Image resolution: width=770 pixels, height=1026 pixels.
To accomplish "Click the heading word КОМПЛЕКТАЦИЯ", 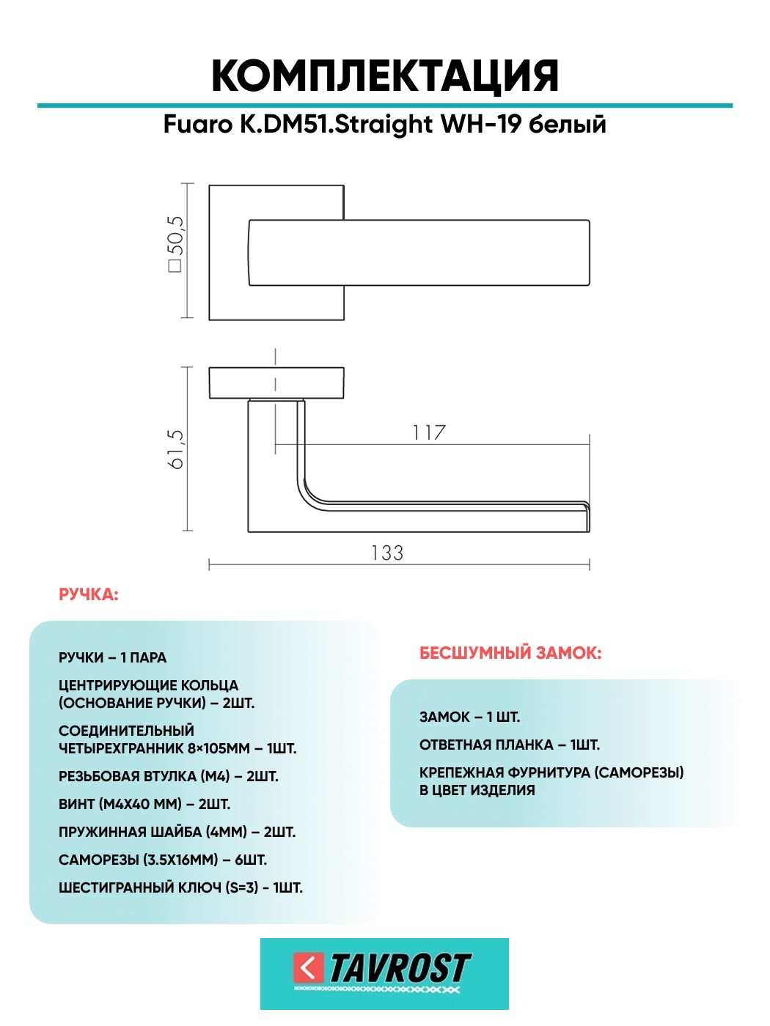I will pyautogui.click(x=384, y=76).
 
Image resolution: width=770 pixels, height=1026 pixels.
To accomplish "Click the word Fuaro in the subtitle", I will pyautogui.click(x=197, y=125).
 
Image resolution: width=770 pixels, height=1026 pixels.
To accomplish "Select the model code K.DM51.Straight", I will pyautogui.click(x=337, y=125).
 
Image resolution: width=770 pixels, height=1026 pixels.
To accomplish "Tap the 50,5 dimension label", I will pyautogui.click(x=176, y=243).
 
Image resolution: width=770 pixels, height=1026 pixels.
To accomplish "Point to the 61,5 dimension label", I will pyautogui.click(x=176, y=449).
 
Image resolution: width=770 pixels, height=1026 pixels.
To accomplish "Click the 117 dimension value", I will pyautogui.click(x=429, y=432).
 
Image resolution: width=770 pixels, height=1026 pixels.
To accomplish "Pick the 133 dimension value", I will pyautogui.click(x=387, y=553).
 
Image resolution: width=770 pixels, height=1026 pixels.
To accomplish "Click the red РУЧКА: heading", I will pyautogui.click(x=89, y=594).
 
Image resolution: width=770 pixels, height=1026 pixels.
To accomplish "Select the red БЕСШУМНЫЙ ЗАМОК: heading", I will pyautogui.click(x=510, y=653).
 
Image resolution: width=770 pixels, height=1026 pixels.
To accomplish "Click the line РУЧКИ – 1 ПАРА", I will pyautogui.click(x=113, y=657).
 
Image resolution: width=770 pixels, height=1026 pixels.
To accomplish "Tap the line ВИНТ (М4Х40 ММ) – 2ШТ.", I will pyautogui.click(x=144, y=804).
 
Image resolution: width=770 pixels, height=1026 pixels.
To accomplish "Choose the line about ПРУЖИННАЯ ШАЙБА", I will pyautogui.click(x=177, y=832).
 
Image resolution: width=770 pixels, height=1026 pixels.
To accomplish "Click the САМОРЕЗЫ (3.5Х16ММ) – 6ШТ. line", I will pyautogui.click(x=163, y=860).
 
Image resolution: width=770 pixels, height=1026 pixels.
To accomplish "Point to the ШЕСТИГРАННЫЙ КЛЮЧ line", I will pyautogui.click(x=180, y=887).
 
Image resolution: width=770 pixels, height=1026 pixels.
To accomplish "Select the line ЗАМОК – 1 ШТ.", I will pyautogui.click(x=469, y=717).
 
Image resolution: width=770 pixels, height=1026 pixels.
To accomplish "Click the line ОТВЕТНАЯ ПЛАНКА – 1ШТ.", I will pyautogui.click(x=510, y=745).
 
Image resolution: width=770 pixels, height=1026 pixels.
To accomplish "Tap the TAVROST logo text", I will pyautogui.click(x=400, y=968).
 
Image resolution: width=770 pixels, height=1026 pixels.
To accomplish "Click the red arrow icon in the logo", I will pyautogui.click(x=309, y=967).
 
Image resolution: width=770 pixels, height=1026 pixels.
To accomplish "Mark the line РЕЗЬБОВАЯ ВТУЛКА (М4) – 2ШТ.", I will pyautogui.click(x=169, y=776).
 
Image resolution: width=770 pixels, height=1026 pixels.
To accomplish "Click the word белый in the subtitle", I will pyautogui.click(x=568, y=125).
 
